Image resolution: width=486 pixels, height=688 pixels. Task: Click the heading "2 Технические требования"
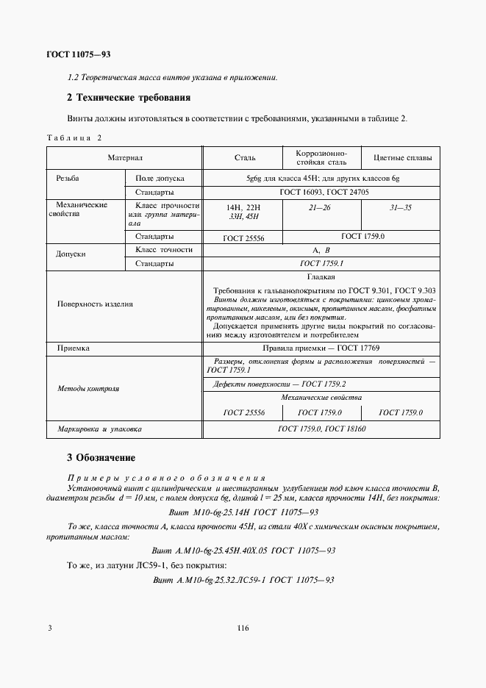(129, 98)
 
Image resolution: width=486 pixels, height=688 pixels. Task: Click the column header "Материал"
(124, 158)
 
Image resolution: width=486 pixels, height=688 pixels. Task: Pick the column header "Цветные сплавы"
(403, 158)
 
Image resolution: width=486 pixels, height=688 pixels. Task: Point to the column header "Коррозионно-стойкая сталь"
(321, 157)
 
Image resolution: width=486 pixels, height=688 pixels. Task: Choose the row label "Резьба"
(68, 179)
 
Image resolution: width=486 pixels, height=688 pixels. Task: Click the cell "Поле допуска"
(160, 179)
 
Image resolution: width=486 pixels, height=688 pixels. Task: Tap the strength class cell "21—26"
(321, 208)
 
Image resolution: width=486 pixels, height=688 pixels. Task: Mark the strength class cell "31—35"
(402, 208)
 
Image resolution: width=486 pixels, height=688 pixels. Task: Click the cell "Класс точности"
(164, 250)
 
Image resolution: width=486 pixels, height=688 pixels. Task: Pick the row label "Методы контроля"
(88, 388)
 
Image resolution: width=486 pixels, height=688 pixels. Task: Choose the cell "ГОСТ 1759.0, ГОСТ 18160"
(321, 429)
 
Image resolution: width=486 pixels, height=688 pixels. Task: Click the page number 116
(243, 628)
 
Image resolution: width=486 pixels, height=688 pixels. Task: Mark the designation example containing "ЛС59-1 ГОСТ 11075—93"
(243, 580)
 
